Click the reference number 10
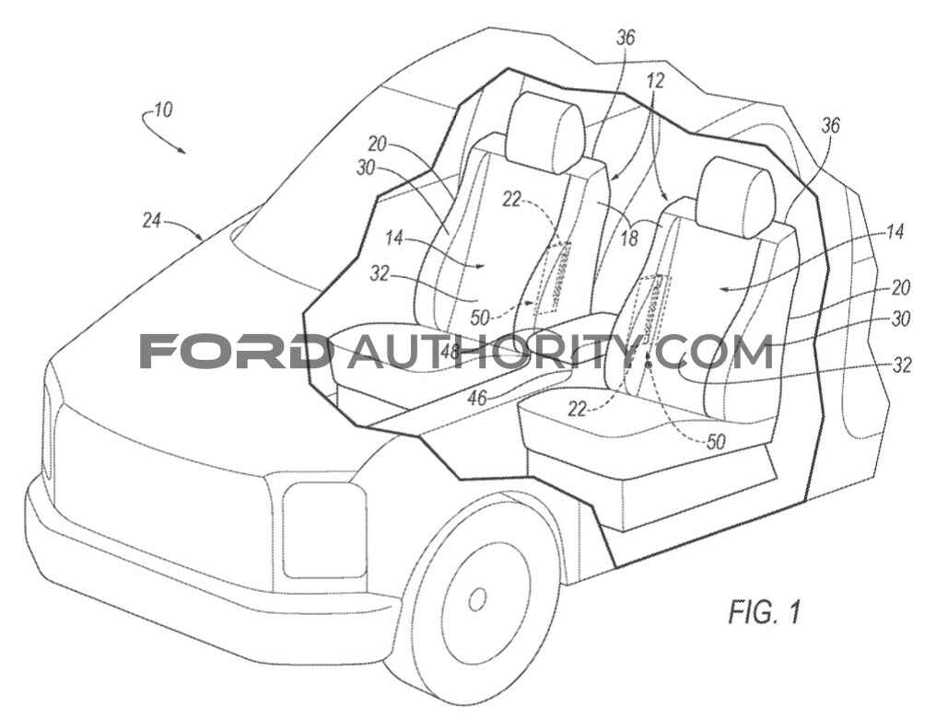[x=163, y=110]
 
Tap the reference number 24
[x=152, y=221]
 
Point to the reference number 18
[x=629, y=238]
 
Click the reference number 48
[x=451, y=351]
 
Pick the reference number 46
[x=477, y=397]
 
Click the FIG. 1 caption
[x=765, y=612]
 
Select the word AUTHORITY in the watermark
[x=492, y=351]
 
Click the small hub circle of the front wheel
[x=477, y=598]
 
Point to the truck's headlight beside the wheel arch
[x=324, y=529]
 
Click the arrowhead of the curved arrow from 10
[x=182, y=150]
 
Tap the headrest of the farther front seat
[x=546, y=133]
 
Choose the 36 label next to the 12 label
[x=626, y=38]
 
